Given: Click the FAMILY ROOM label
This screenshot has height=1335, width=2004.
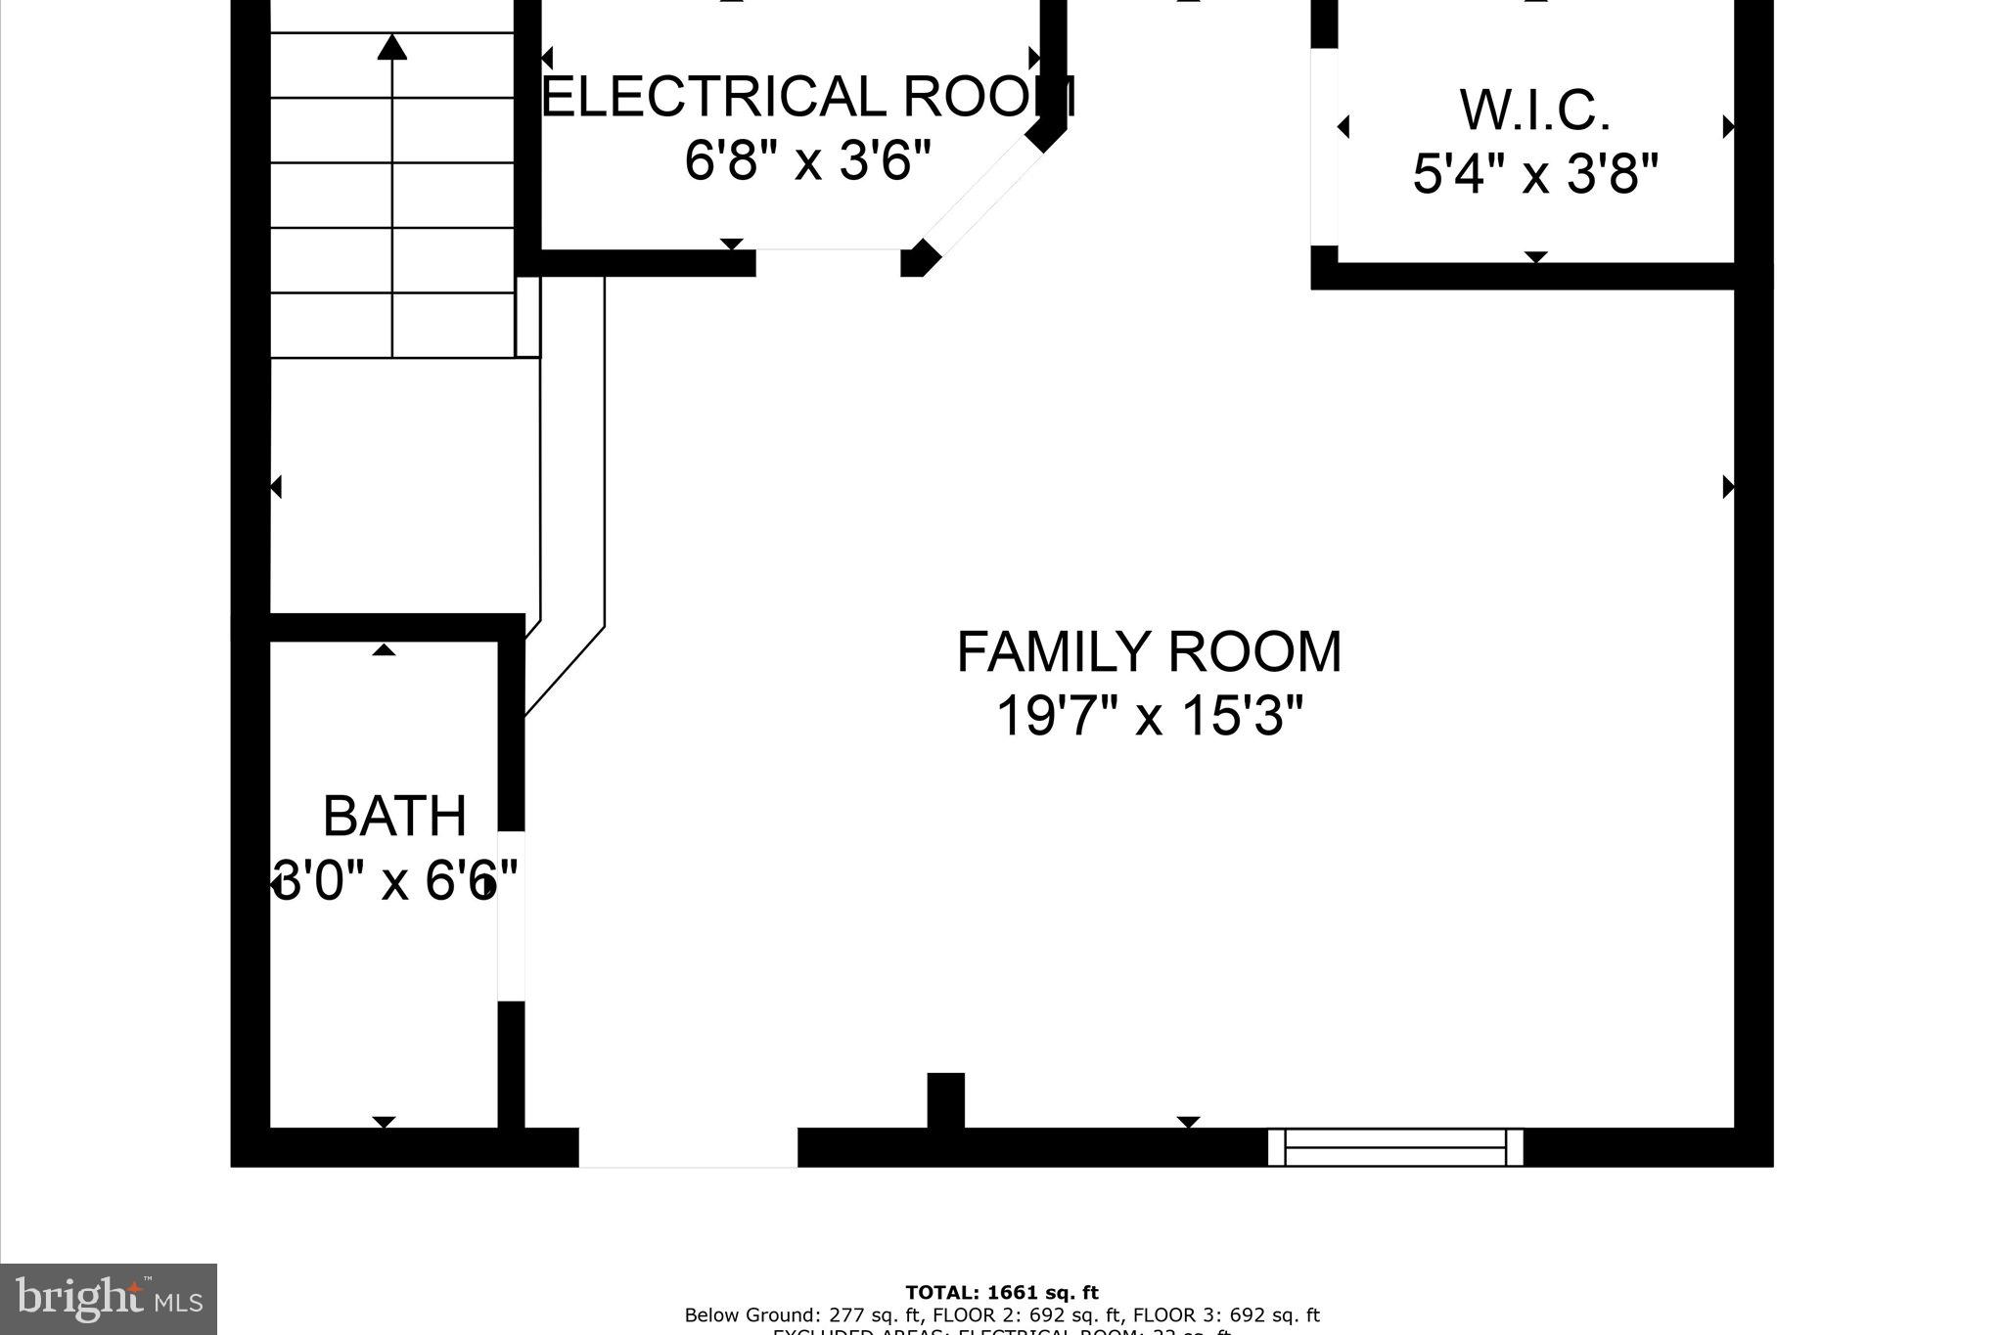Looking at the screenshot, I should tap(1149, 653).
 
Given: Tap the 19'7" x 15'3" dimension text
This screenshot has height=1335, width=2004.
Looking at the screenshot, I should tap(1149, 716).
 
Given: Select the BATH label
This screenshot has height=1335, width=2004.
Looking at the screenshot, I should tap(393, 817).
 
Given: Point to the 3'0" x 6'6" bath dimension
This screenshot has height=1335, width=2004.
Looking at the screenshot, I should tap(395, 880).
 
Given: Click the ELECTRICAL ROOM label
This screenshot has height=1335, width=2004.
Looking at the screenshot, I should tap(808, 97).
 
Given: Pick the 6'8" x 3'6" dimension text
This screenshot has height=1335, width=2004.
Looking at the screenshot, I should tap(808, 159).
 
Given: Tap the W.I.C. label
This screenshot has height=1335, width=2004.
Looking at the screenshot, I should tap(1534, 111).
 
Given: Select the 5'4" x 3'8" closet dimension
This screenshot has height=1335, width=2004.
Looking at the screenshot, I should tap(1534, 175).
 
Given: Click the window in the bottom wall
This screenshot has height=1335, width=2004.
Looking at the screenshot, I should tap(1395, 1147).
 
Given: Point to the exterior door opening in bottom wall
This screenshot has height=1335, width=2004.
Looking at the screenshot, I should tap(688, 1147).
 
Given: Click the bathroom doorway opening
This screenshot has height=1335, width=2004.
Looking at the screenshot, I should tap(512, 916).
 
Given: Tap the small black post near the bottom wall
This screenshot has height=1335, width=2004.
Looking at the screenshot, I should tap(945, 1100).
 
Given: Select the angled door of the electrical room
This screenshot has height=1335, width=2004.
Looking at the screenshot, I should tap(979, 196).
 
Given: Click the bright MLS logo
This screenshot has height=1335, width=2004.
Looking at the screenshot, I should tap(109, 1299).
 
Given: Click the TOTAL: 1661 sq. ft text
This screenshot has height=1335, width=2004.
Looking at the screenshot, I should tap(1002, 1293).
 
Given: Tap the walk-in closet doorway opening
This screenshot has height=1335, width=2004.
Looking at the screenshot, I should tap(1324, 147).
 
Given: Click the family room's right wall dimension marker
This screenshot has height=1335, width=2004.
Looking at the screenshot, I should tap(1728, 486).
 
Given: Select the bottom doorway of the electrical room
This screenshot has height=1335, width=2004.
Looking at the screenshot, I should tap(828, 262).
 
